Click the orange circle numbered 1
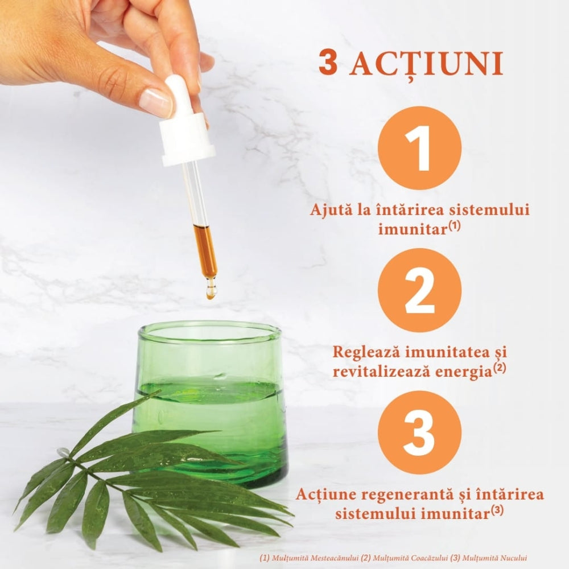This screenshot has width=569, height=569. [x=419, y=148]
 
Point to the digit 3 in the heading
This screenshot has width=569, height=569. [x=328, y=64]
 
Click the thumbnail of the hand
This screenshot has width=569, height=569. [x=155, y=101]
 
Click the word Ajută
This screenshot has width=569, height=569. [x=328, y=209]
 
